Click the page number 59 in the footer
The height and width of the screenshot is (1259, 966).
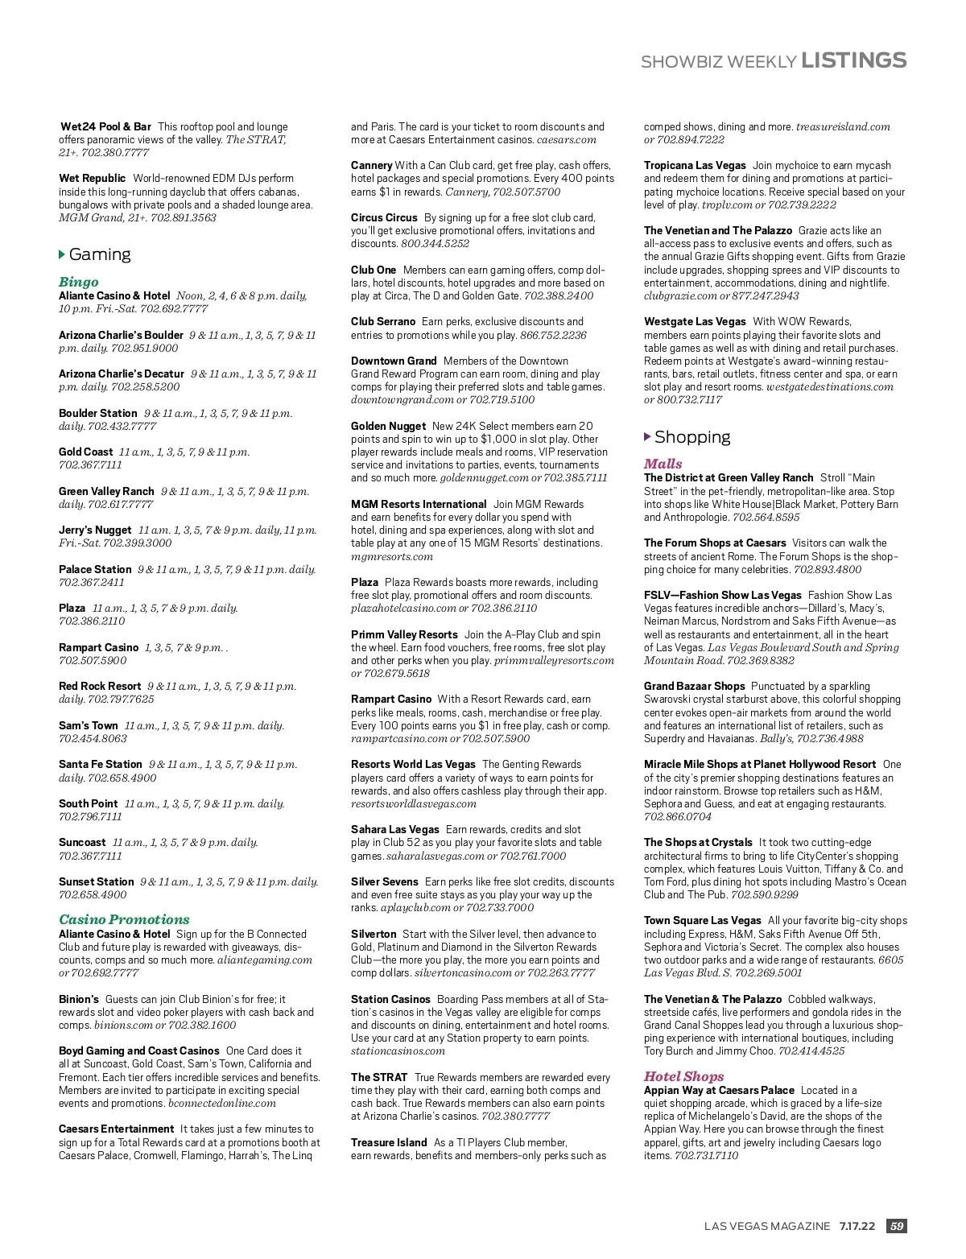point(896,1226)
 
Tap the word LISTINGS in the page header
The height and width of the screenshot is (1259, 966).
point(854,60)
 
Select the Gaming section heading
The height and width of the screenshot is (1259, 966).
point(100,254)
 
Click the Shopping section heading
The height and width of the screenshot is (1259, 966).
point(692,437)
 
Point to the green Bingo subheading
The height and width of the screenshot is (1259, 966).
point(79,282)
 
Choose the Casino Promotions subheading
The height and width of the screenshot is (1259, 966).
point(124,919)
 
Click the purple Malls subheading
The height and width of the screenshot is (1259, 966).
point(663,464)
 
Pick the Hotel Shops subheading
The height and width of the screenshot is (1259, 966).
point(683,1076)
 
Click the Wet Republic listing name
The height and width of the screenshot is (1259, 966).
point(93,179)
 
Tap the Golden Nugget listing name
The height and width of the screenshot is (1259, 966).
point(388,426)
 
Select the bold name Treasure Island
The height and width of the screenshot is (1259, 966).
point(389,1142)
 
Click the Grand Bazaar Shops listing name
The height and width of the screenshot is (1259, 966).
point(694,686)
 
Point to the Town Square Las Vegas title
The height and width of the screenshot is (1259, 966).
point(702,920)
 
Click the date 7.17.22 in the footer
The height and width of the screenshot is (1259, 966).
point(857,1226)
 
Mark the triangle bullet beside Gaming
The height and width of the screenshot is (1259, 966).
point(62,254)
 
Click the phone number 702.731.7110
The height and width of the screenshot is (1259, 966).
point(706,1155)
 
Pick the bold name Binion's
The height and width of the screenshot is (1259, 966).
point(79,999)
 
